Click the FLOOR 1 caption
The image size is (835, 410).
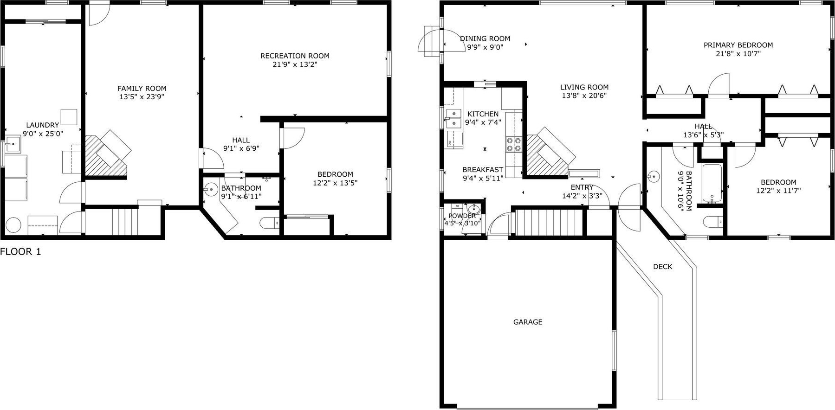(20, 252)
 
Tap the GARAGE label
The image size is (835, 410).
(528, 322)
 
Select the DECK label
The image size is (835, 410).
(662, 267)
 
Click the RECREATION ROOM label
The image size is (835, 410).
(295, 56)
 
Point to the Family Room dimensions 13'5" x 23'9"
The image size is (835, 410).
(142, 97)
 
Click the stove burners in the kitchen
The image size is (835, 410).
(514, 144)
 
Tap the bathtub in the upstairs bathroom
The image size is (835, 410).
(712, 184)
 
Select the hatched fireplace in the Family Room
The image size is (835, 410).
(105, 155)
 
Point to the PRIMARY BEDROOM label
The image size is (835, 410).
(738, 45)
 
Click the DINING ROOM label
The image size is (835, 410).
(485, 39)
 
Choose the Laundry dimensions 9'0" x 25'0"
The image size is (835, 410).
(43, 134)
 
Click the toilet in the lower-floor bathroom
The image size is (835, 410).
(269, 224)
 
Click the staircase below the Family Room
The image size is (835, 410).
(125, 222)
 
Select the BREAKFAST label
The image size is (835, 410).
(483, 170)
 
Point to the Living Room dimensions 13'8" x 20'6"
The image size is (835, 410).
(584, 96)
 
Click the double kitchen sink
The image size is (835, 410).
(453, 118)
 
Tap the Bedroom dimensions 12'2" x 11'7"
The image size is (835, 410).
(778, 191)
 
